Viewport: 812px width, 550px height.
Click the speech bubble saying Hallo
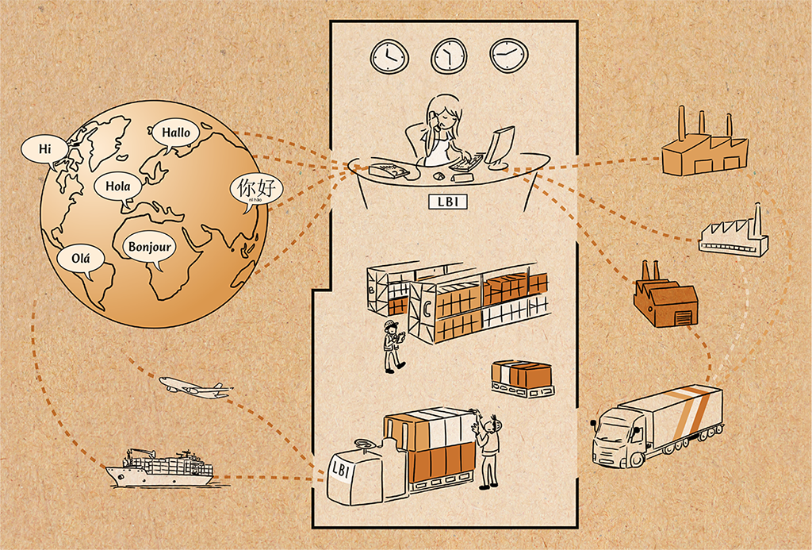pos(176,133)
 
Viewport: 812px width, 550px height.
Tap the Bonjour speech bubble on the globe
pos(150,246)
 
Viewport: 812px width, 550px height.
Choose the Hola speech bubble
pos(117,187)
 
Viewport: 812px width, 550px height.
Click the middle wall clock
pos(449,56)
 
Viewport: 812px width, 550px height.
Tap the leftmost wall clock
pos(389,56)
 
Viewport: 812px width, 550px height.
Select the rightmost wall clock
pos(508,55)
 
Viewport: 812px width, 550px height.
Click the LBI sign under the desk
pos(447,202)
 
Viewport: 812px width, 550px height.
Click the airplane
pos(194,387)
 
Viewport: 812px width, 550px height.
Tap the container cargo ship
pos(161,468)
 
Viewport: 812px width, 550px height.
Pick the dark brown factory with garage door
pos(665,302)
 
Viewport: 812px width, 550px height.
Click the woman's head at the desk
pos(443,113)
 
